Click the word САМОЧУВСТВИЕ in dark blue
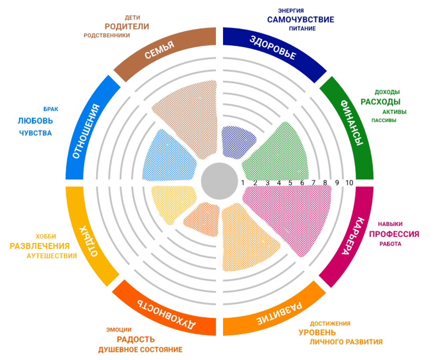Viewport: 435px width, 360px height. click(300, 19)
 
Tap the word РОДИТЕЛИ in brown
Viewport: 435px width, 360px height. click(127, 26)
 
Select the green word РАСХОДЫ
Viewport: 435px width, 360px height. click(380, 102)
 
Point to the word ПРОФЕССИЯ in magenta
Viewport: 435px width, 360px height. click(394, 234)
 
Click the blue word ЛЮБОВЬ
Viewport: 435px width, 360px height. click(36, 120)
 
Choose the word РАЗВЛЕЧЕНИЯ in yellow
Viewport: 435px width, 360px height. click(40, 246)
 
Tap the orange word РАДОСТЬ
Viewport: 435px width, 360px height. click(135, 339)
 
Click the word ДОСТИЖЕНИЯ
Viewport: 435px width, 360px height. click(330, 323)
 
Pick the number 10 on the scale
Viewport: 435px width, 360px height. click(350, 183)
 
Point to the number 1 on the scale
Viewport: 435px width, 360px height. click(243, 183)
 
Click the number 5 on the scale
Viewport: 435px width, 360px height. click(290, 183)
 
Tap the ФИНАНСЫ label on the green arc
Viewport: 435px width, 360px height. click(352, 123)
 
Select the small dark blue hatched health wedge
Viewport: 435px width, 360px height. click(238, 141)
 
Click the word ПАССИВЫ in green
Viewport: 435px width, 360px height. click(384, 120)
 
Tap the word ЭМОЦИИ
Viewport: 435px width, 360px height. click(119, 329)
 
